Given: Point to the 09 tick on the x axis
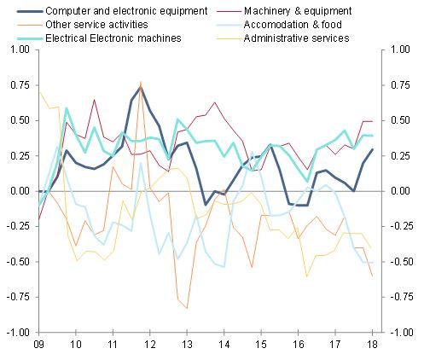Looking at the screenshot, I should tap(39, 343).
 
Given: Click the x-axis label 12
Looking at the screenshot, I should tap(150, 343).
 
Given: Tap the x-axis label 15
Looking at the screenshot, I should tap(261, 343).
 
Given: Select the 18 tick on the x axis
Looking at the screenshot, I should tap(372, 343).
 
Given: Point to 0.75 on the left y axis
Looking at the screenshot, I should tap(18, 85).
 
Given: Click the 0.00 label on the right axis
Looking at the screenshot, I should tap(395, 190).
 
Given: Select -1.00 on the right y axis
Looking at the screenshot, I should tap(397, 332).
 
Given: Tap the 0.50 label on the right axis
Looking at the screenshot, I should tap(395, 120).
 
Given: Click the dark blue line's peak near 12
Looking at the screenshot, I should tap(141, 86).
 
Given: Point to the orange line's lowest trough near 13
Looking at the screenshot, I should tap(187, 308).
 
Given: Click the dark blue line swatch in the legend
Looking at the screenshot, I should tap(21, 12).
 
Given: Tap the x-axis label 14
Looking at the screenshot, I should tap(224, 343).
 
